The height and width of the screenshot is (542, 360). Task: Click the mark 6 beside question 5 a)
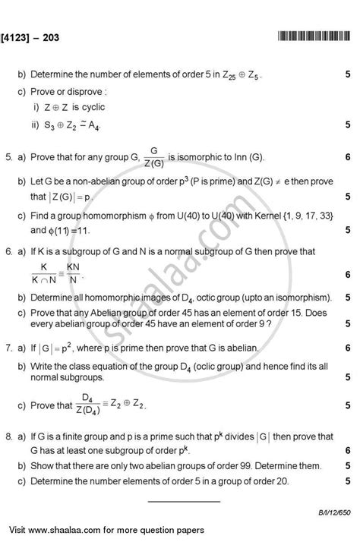[346, 158]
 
